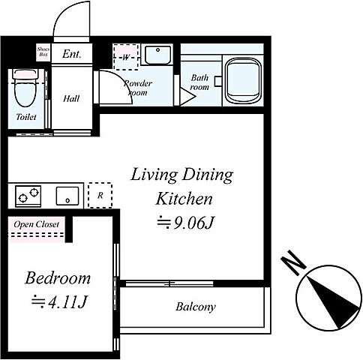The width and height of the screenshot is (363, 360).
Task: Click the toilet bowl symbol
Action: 25,88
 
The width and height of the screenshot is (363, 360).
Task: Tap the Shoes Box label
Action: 43,52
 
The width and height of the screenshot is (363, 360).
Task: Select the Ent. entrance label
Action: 72,54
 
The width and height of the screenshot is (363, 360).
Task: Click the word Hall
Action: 71,99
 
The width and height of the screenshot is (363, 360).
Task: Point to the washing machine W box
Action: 126,57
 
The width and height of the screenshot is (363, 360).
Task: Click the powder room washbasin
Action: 157,55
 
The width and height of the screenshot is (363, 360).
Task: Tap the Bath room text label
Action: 199,82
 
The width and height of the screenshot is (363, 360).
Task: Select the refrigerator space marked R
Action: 100,195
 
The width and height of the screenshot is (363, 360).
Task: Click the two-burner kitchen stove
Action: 28,196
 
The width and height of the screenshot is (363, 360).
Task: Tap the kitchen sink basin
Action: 67,196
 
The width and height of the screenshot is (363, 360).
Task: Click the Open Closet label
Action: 37,224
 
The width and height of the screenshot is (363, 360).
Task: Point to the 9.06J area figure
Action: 185,223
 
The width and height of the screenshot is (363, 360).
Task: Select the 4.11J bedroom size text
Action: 59,301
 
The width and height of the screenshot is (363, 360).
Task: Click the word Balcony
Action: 196,307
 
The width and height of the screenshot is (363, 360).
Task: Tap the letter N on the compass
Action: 293,262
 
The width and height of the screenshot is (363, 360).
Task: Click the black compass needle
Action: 333,302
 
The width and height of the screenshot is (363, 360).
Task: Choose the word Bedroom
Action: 58,278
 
